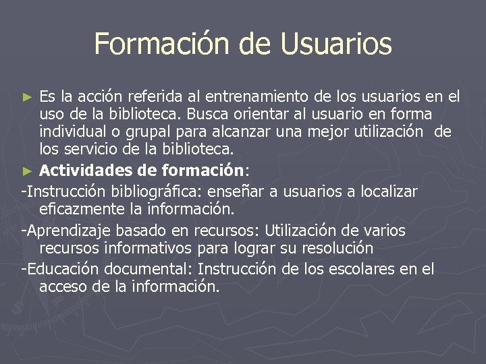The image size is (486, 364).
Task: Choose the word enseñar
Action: point(240,192)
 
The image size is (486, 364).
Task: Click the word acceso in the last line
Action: point(63,286)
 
